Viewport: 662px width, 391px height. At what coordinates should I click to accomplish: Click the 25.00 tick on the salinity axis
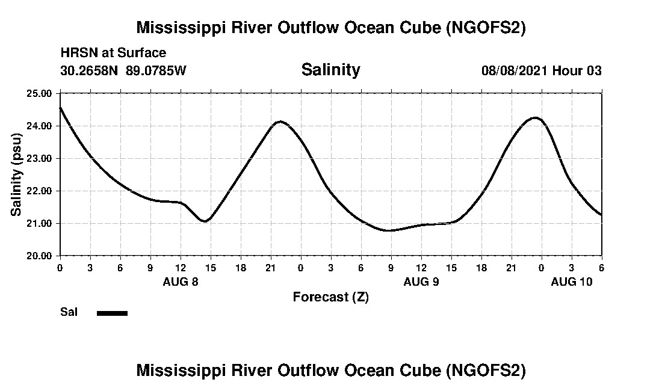coord(39,93)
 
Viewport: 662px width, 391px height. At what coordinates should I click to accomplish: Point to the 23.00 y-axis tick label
coord(39,158)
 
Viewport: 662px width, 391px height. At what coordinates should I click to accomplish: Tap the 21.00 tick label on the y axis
coord(39,223)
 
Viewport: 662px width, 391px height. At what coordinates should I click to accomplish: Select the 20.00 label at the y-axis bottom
coord(39,256)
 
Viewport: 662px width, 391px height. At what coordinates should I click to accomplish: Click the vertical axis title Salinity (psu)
coord(16,174)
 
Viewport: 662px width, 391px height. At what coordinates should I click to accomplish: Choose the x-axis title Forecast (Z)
coord(330,297)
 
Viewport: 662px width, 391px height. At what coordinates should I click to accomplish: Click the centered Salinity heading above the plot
coord(330,70)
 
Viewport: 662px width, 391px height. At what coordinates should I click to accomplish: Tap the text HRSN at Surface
coord(113,54)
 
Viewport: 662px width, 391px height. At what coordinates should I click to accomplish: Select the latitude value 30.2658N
coord(90,71)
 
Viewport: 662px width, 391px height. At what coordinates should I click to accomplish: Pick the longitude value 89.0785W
coord(156,71)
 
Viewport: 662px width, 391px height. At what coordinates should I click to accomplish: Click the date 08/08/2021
coord(515,71)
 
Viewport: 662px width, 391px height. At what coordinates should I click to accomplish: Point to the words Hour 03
coord(577,71)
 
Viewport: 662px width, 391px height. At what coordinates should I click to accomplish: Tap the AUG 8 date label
coord(181,282)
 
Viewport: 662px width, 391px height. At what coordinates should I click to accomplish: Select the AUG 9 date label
coord(421,282)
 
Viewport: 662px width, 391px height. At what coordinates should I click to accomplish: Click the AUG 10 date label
coord(572,282)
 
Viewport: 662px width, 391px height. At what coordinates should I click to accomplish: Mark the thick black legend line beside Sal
coord(112,313)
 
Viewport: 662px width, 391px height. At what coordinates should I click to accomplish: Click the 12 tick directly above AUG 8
coord(181,267)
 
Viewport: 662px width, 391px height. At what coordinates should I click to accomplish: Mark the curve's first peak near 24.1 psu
coord(280,122)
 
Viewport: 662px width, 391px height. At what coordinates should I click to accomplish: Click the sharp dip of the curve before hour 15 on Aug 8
coord(205,221)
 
